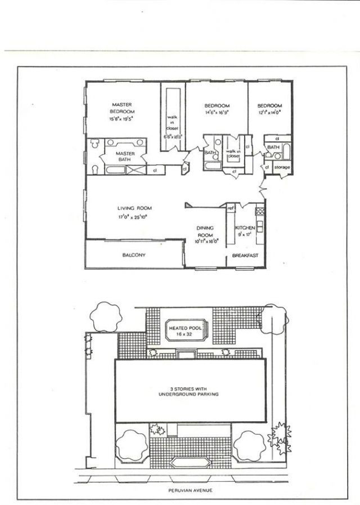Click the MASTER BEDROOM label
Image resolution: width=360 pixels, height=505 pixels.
122,108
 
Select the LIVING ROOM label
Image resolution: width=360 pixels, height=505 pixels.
134,208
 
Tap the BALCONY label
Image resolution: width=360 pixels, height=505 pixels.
134,255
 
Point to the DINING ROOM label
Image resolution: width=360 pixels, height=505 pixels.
205,231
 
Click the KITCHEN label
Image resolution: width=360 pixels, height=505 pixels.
245,227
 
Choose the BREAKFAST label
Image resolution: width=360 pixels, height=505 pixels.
245,256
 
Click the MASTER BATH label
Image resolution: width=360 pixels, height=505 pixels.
124,157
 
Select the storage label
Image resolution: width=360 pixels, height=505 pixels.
282,167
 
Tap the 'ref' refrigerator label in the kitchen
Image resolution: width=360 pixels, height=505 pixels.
230,208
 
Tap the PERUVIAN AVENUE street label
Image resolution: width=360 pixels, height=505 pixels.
188,490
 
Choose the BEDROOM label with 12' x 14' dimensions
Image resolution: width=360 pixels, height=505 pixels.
269,106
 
